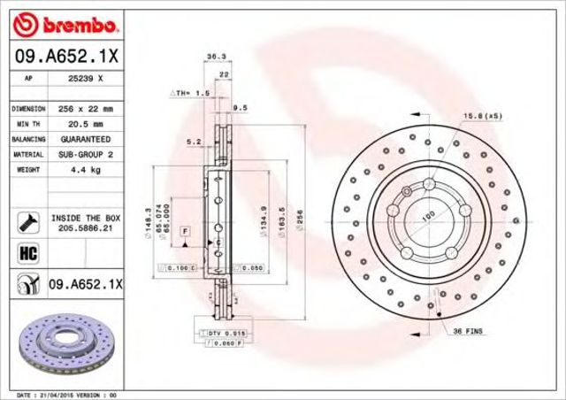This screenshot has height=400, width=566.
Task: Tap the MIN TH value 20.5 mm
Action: pos(86,124)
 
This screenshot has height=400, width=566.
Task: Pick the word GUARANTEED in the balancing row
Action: pos(86,140)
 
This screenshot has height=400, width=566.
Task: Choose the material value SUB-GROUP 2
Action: pos(86,154)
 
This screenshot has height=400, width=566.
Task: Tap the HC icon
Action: pos(26,253)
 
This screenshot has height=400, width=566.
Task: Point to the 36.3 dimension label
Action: pos(214,57)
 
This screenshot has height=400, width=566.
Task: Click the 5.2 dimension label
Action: pos(192,142)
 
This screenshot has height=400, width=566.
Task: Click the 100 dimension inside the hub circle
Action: pos(428,215)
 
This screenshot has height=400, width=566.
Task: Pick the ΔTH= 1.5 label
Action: pos(189,92)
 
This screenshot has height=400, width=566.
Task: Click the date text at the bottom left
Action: pos(66,393)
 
